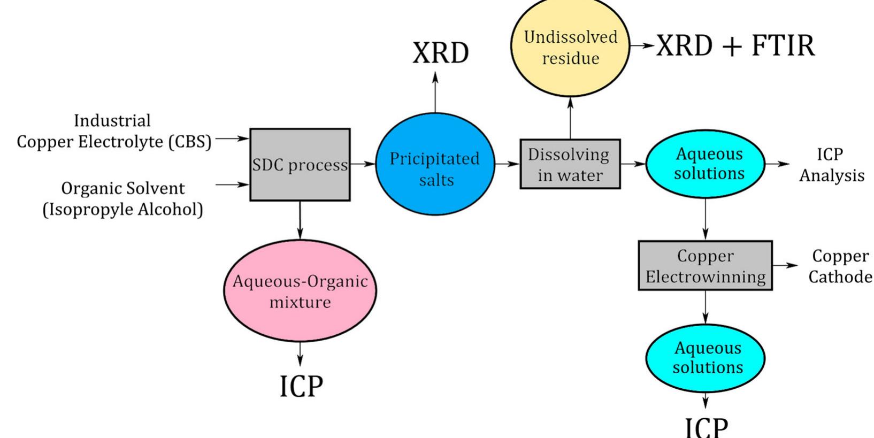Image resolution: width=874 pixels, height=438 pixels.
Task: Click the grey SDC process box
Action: point(300,165)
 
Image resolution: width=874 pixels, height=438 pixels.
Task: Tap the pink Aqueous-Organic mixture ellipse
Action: point(300,291)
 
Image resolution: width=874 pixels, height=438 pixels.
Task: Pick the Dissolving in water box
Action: point(570,164)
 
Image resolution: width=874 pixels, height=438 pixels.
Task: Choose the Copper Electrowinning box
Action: point(705,266)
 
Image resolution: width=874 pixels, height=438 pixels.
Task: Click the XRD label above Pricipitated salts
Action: point(440,53)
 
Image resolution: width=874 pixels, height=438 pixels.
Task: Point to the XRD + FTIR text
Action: point(735,45)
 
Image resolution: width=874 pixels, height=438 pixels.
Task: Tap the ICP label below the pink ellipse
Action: point(301,386)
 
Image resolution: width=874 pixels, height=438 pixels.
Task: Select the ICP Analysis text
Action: point(831,165)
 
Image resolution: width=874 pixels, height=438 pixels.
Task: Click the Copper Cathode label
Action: point(840,266)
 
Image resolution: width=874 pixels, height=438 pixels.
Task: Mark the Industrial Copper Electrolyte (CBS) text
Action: point(113,131)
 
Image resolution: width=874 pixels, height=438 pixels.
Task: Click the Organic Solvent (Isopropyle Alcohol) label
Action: point(123,198)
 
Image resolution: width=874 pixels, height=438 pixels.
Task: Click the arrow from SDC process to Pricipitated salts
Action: point(363,164)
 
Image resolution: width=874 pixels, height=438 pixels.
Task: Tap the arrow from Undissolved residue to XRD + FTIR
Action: point(642,46)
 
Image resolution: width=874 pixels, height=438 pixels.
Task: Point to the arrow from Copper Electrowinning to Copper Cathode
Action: point(785,265)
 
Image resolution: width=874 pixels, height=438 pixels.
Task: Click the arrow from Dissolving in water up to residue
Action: point(570,118)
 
